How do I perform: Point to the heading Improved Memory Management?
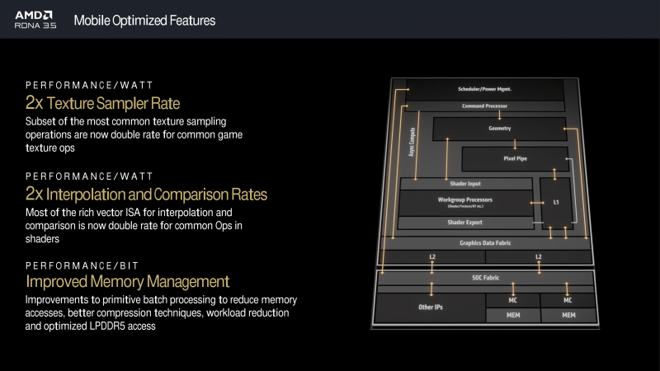click(127, 282)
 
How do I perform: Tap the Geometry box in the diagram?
click(494, 129)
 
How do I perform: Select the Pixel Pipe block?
click(515, 157)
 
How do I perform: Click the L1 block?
click(555, 201)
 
